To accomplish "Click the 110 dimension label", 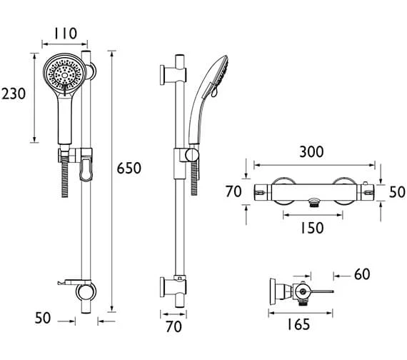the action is pos(66,34).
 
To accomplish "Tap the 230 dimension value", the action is pos(14,94).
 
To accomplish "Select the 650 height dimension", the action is pos(129,168).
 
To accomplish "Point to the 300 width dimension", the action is pos(311,152).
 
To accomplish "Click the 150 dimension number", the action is pos(312,228).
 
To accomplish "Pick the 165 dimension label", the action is pos(298,324).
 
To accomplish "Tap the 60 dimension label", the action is pos(362,274).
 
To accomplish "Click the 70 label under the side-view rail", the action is pos(174,326).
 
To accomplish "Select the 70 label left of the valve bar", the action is pos(233,192).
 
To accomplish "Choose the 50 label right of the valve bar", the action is pos(397,192).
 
